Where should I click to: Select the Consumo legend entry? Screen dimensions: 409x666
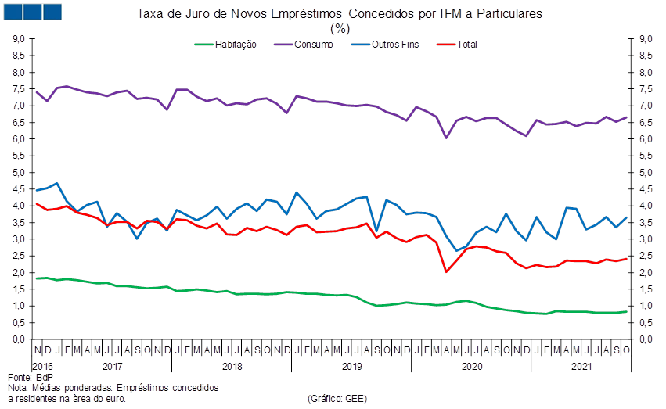pyautogui.click(x=313, y=45)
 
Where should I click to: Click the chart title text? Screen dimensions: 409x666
pyautogui.click(x=340, y=14)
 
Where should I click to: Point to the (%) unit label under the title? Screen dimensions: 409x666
pyautogui.click(x=340, y=28)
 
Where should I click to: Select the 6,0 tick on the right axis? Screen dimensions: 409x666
pyautogui.click(x=646, y=139)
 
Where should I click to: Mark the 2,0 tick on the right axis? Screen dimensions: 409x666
pyautogui.click(x=646, y=273)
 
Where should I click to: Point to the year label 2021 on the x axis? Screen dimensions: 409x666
pyautogui.click(x=581, y=365)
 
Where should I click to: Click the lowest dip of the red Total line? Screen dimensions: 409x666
pyautogui.click(x=446, y=271)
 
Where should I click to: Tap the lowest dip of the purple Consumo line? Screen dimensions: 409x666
pyautogui.click(x=446, y=138)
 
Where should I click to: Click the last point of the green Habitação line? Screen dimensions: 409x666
pyautogui.click(x=628, y=311)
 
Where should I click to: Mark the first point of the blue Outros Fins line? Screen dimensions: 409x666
pyautogui.click(x=36, y=190)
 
